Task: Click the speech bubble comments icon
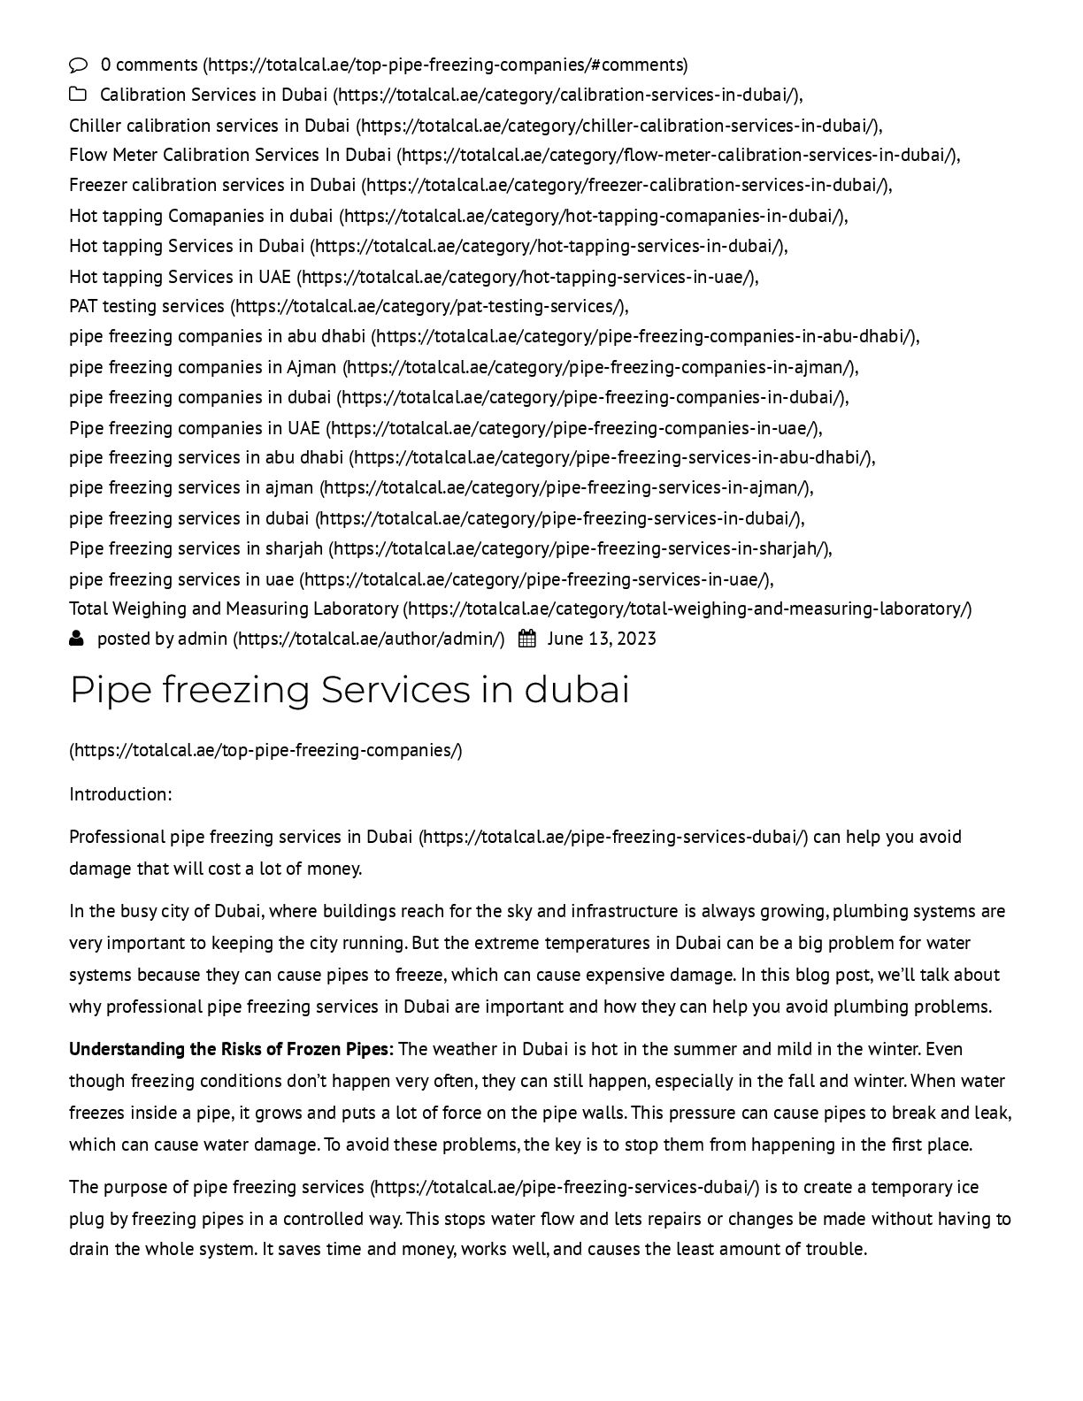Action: (x=79, y=65)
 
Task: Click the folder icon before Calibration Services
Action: (x=78, y=95)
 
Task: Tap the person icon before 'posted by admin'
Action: (x=77, y=638)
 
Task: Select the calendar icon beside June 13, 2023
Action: (x=526, y=639)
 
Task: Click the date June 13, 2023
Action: (x=602, y=639)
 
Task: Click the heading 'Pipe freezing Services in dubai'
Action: (x=349, y=690)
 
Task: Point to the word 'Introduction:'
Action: (x=120, y=794)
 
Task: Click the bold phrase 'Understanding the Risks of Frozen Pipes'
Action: (x=229, y=1049)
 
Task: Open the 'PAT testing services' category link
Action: (x=147, y=306)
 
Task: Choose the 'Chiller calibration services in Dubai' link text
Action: (x=210, y=126)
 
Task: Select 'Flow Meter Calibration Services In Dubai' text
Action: (x=230, y=155)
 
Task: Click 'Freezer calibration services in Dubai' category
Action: (x=212, y=185)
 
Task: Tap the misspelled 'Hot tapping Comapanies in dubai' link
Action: (x=201, y=216)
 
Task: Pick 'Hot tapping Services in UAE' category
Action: (x=180, y=277)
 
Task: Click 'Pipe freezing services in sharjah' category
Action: (x=196, y=548)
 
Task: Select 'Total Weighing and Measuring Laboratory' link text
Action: (x=234, y=609)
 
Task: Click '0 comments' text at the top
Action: (x=150, y=65)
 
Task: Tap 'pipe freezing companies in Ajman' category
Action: (x=203, y=366)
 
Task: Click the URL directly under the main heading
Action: (x=265, y=750)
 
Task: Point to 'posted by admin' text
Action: (x=162, y=639)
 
